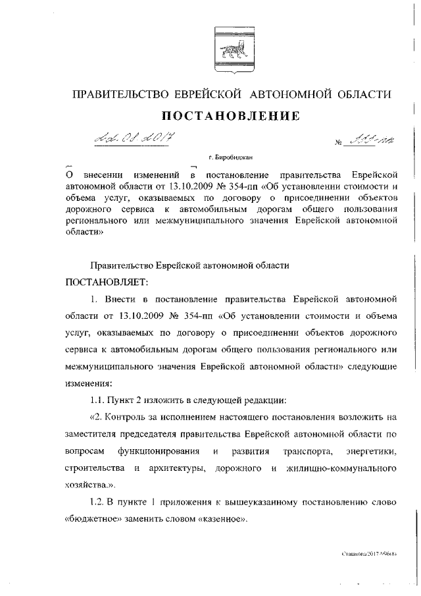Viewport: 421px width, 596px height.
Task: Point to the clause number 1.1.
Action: (99, 399)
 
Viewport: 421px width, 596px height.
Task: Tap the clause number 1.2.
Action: (99, 502)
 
